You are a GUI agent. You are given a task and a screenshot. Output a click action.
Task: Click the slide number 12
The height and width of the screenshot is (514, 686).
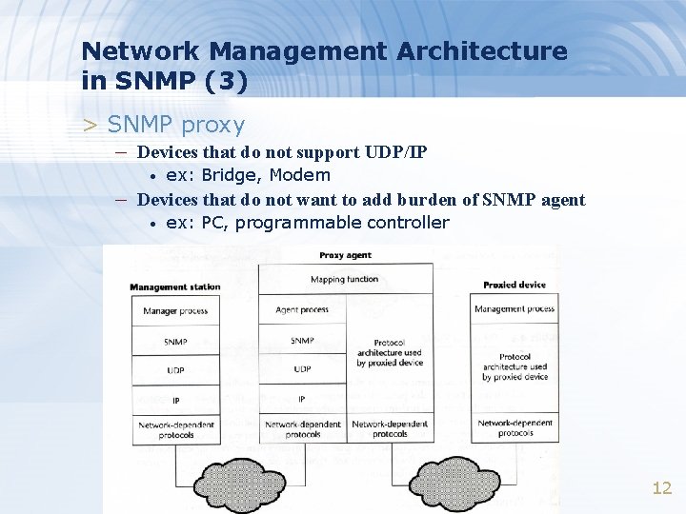(x=661, y=488)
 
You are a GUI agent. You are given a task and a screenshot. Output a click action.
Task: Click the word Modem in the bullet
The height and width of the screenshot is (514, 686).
(x=300, y=175)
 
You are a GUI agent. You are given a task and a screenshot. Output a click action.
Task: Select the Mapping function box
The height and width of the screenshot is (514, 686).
(x=344, y=280)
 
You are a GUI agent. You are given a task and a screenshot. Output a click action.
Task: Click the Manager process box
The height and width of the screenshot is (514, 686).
(x=175, y=311)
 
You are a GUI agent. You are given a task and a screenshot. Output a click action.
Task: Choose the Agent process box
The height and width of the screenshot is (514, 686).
(x=302, y=309)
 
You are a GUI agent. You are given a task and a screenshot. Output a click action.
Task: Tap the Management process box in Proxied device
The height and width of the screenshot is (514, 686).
(x=514, y=308)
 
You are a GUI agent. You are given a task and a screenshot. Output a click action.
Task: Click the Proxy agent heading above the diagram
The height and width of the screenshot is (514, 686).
(x=345, y=255)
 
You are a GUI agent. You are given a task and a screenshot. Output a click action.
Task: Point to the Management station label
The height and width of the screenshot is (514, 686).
(x=175, y=287)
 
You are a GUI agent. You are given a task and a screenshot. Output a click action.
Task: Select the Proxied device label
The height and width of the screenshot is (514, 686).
(x=514, y=285)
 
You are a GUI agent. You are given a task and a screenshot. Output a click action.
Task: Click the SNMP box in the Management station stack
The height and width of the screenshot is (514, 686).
(x=175, y=341)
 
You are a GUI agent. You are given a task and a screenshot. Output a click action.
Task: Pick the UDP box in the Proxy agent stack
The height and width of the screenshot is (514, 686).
(x=302, y=368)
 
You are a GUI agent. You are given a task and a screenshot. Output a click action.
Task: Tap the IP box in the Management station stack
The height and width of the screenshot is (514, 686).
(x=175, y=399)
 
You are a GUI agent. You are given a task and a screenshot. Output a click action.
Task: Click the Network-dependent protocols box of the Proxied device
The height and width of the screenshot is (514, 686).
(x=514, y=427)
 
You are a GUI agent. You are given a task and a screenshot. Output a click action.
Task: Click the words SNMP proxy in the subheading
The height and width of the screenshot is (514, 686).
(x=176, y=125)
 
